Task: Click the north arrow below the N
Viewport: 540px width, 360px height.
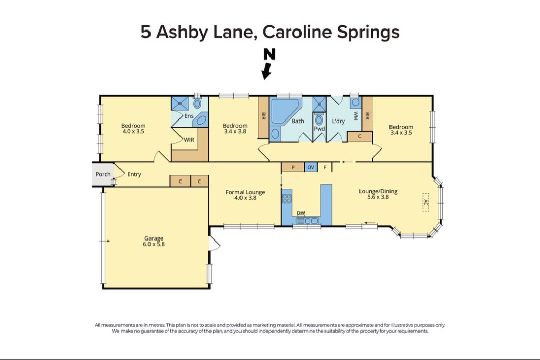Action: tap(266, 71)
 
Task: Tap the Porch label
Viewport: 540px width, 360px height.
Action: tap(103, 174)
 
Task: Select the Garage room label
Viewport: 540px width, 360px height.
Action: tap(154, 238)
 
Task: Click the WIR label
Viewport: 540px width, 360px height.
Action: tap(189, 140)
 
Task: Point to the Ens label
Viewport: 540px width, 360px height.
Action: tap(189, 116)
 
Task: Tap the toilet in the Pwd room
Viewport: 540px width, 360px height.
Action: tap(319, 120)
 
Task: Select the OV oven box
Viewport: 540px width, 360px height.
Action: tap(311, 167)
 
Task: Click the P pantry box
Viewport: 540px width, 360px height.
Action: tap(293, 167)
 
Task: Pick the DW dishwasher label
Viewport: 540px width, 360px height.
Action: tap(301, 213)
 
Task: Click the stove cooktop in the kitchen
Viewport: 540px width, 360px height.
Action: tap(287, 199)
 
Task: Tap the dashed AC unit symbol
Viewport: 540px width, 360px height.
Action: tap(426, 202)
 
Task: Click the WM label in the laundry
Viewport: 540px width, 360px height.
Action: tap(356, 116)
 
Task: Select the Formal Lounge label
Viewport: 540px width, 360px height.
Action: tap(245, 192)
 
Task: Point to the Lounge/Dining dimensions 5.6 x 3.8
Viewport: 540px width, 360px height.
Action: tap(378, 197)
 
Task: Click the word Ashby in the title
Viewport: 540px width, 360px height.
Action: tap(182, 32)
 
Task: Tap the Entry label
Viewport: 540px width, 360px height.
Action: tap(134, 174)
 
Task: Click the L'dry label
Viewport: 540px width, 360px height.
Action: tap(338, 121)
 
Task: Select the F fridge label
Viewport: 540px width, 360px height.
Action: tap(325, 167)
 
